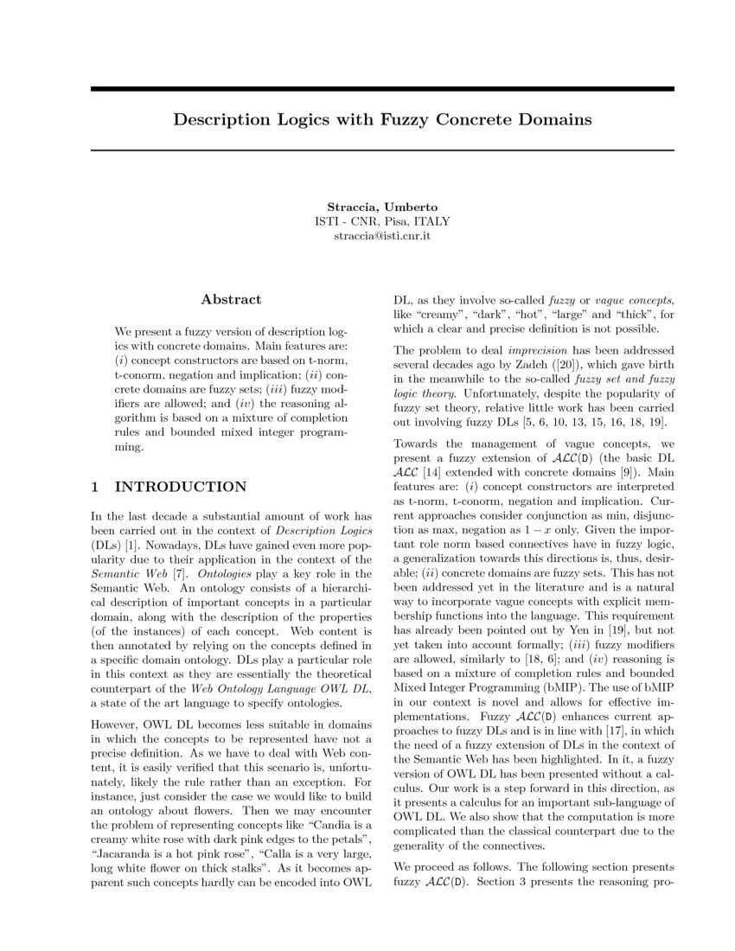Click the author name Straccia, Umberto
pos(382,207)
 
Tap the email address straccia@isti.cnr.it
pos(382,235)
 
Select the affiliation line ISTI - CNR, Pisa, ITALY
pos(382,221)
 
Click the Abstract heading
pos(231,299)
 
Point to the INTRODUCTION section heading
pos(181,487)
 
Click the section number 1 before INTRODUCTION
pos(95,487)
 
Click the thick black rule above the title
pos(382,89)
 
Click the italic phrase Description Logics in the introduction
pos(322,529)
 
